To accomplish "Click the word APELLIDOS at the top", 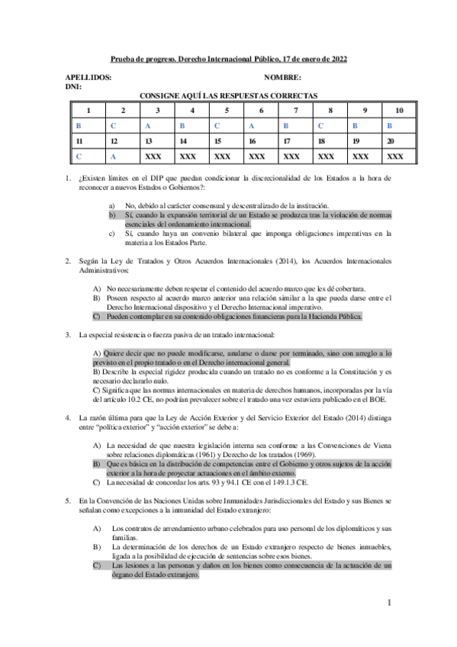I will [x=89, y=78].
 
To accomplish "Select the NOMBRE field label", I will [x=282, y=78].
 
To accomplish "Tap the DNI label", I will [x=73, y=88].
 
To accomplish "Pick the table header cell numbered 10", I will [x=399, y=111].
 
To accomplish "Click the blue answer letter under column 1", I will [x=78, y=126].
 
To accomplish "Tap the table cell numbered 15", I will [x=217, y=142].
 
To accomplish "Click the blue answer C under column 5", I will [x=217, y=126].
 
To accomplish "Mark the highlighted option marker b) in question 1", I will [x=112, y=216].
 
